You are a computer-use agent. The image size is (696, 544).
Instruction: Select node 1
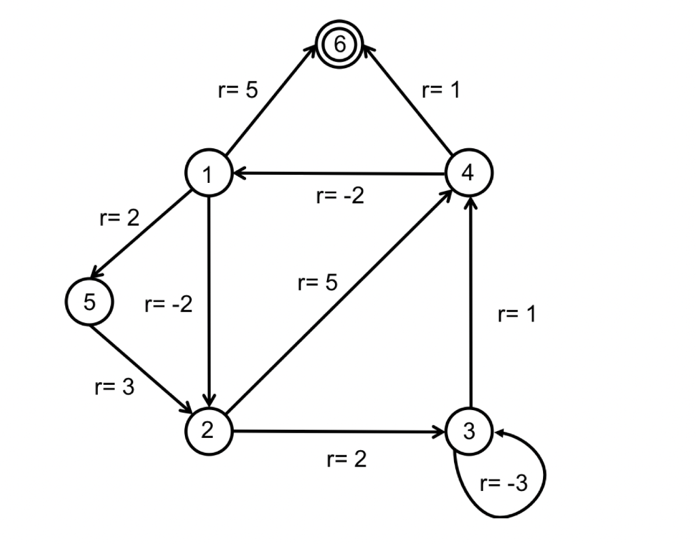pyautogui.click(x=207, y=173)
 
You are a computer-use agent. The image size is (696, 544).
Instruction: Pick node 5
pyautogui.click(x=90, y=302)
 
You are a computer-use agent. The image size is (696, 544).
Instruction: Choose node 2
pyautogui.click(x=208, y=430)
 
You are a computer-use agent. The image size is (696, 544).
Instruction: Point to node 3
pyautogui.click(x=468, y=430)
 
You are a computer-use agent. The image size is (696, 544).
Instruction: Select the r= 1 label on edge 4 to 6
pyautogui.click(x=440, y=90)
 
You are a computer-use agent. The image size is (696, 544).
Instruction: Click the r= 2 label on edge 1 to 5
pyautogui.click(x=120, y=219)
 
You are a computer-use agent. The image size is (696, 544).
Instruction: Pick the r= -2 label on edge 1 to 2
pyautogui.click(x=169, y=303)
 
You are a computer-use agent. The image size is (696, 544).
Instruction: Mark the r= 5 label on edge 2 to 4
pyautogui.click(x=317, y=282)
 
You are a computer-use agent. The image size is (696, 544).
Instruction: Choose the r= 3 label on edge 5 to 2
pyautogui.click(x=114, y=387)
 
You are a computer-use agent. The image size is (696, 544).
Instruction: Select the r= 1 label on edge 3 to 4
pyautogui.click(x=517, y=315)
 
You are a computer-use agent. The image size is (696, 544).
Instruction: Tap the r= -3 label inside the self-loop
pyautogui.click(x=504, y=484)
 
